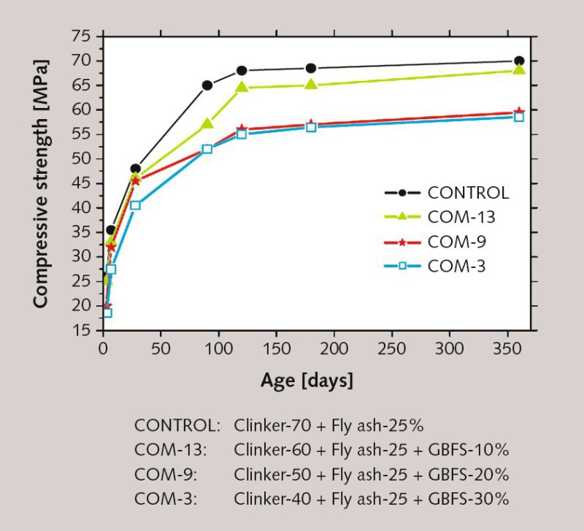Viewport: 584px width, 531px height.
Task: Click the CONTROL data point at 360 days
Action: (x=519, y=61)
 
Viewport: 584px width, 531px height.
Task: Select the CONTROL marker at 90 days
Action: (x=207, y=85)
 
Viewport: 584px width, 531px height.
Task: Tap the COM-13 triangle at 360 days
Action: (x=519, y=70)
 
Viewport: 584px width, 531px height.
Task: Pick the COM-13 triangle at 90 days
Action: (x=207, y=123)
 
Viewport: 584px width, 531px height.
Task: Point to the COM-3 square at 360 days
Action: (x=519, y=117)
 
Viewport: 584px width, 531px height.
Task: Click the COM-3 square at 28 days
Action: (x=135, y=205)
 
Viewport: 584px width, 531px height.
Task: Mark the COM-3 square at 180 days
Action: (x=311, y=127)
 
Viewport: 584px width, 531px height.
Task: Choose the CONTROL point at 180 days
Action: (x=311, y=68)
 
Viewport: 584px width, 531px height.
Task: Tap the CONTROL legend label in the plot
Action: (x=468, y=194)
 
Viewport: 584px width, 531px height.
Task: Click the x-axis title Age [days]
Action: (x=307, y=381)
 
